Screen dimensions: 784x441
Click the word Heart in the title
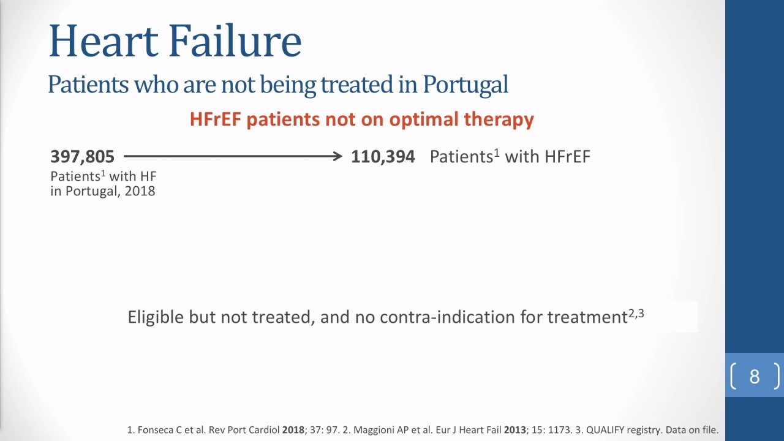tap(104, 40)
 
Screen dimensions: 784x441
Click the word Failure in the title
tap(235, 40)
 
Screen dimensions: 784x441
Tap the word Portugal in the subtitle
tap(466, 85)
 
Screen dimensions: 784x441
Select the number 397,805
tap(82, 156)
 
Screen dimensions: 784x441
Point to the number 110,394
tap(383, 156)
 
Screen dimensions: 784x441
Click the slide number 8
tap(754, 377)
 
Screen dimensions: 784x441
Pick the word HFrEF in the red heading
tap(216, 119)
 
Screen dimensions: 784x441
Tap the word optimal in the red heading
tap(424, 120)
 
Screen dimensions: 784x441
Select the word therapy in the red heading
tap(499, 120)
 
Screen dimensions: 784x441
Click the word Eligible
tap(156, 317)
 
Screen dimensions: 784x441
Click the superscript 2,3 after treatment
tap(636, 313)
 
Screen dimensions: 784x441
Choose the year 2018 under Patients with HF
tap(140, 191)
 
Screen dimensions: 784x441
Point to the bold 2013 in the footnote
tap(515, 430)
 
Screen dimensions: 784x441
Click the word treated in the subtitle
tap(357, 85)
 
